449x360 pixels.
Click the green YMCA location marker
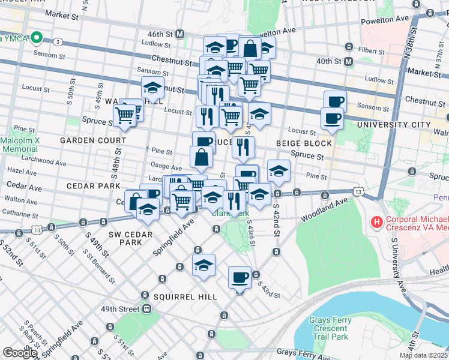tap(36, 38)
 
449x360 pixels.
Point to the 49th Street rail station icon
tap(146, 309)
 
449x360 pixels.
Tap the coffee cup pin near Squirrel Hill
tap(240, 278)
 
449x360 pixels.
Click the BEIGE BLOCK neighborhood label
tap(304, 143)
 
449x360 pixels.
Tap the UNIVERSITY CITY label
tap(394, 125)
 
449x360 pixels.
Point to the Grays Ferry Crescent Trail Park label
tap(329, 328)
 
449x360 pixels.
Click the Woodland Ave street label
tap(324, 209)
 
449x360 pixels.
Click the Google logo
tap(20, 353)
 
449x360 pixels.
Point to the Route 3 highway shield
tap(57, 41)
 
